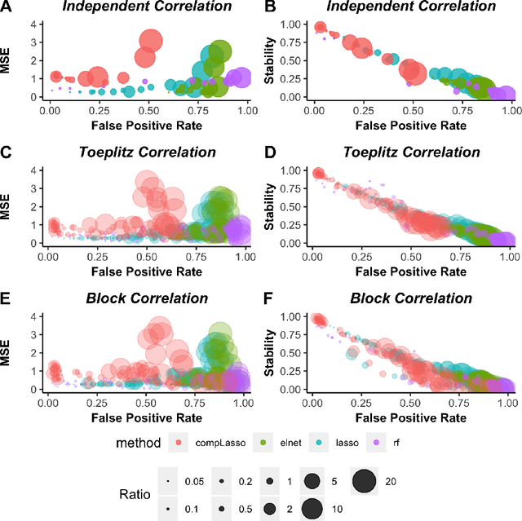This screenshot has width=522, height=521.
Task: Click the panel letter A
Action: coord(7,7)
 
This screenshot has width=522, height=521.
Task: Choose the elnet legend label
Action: coord(288,443)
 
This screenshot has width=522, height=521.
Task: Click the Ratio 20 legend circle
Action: coord(365,483)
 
